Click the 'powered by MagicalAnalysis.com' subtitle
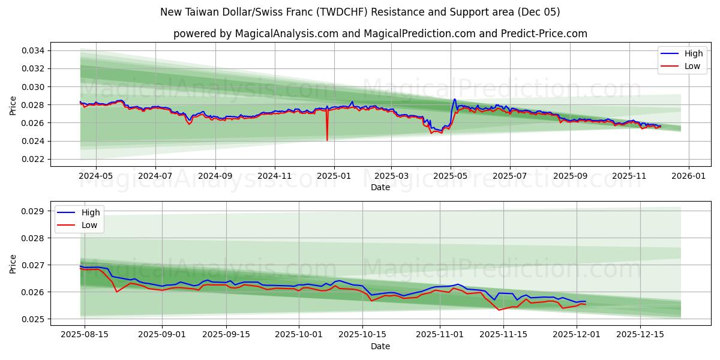pos(380,34)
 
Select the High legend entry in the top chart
pos(693,53)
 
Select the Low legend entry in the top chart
pos(692,66)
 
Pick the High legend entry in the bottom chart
pos(91,212)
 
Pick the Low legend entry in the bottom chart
pos(89,225)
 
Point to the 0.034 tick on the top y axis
pos(33,50)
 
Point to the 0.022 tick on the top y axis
pos(33,159)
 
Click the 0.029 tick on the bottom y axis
pos(33,211)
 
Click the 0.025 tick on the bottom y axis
pos(33,319)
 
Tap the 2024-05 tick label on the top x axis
pos(96,176)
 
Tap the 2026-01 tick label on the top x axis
pos(688,176)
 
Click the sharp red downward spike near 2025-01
pos(327,139)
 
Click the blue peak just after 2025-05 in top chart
pos(454,100)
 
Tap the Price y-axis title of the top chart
pos(13,105)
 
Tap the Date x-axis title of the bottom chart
pos(380,346)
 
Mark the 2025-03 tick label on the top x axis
pos(391,176)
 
